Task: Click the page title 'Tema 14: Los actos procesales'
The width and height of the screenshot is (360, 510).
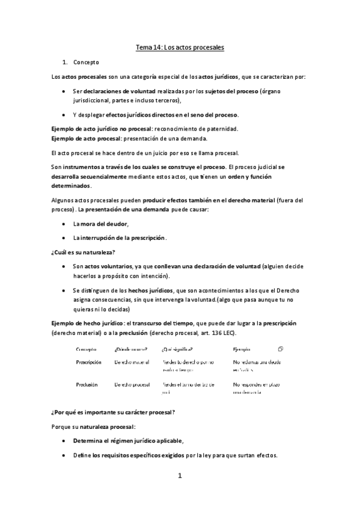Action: click(x=180, y=46)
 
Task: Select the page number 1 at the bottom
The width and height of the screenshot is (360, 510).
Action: click(x=179, y=477)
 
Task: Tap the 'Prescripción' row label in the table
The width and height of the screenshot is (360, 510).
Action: click(x=88, y=363)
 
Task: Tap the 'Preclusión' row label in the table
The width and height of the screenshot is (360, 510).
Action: click(x=87, y=384)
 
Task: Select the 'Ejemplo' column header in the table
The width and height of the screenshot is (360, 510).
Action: click(x=243, y=349)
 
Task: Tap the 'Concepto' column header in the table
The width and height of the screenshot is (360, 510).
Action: click(x=87, y=349)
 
